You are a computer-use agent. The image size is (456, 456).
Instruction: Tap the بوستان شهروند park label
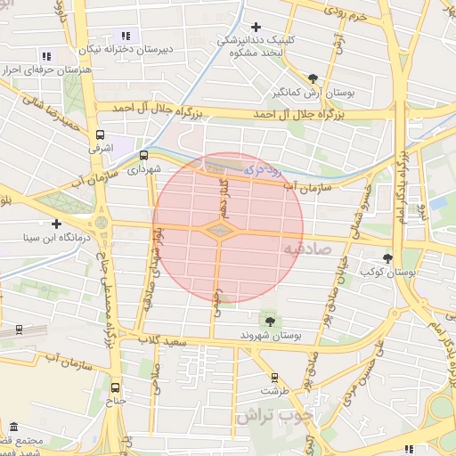pos(271,336)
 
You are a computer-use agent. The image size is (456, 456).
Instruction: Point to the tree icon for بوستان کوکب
pos(387,257)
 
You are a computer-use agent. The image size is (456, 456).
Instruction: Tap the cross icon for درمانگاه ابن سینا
pos(56,224)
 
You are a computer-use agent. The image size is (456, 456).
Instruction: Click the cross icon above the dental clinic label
pos(257,27)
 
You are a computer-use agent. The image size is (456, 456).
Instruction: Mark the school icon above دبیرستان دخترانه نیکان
pos(125,36)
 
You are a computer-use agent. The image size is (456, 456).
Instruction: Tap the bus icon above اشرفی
pos(101,134)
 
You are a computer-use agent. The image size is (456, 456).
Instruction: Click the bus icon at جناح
pos(115,387)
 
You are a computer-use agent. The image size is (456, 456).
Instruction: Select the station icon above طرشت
pos(274,377)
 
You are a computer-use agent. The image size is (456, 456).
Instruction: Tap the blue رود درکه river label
pos(262,167)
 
